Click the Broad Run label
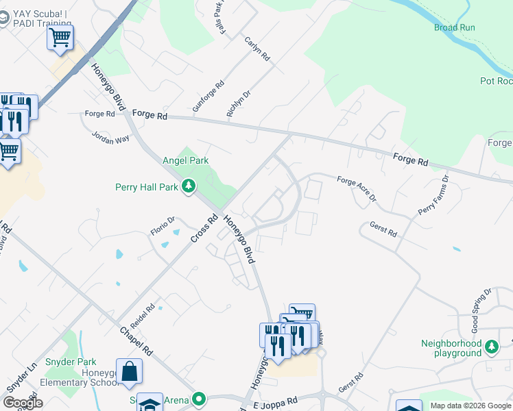(x=454, y=27)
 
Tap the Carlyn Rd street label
(x=258, y=53)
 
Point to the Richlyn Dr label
(x=239, y=101)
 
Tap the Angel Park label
(x=185, y=160)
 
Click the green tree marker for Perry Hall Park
(x=189, y=186)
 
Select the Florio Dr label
(x=163, y=225)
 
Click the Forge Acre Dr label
(x=357, y=189)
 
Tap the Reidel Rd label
(x=144, y=317)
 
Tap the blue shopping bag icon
(x=129, y=372)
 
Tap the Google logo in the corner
(x=23, y=402)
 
